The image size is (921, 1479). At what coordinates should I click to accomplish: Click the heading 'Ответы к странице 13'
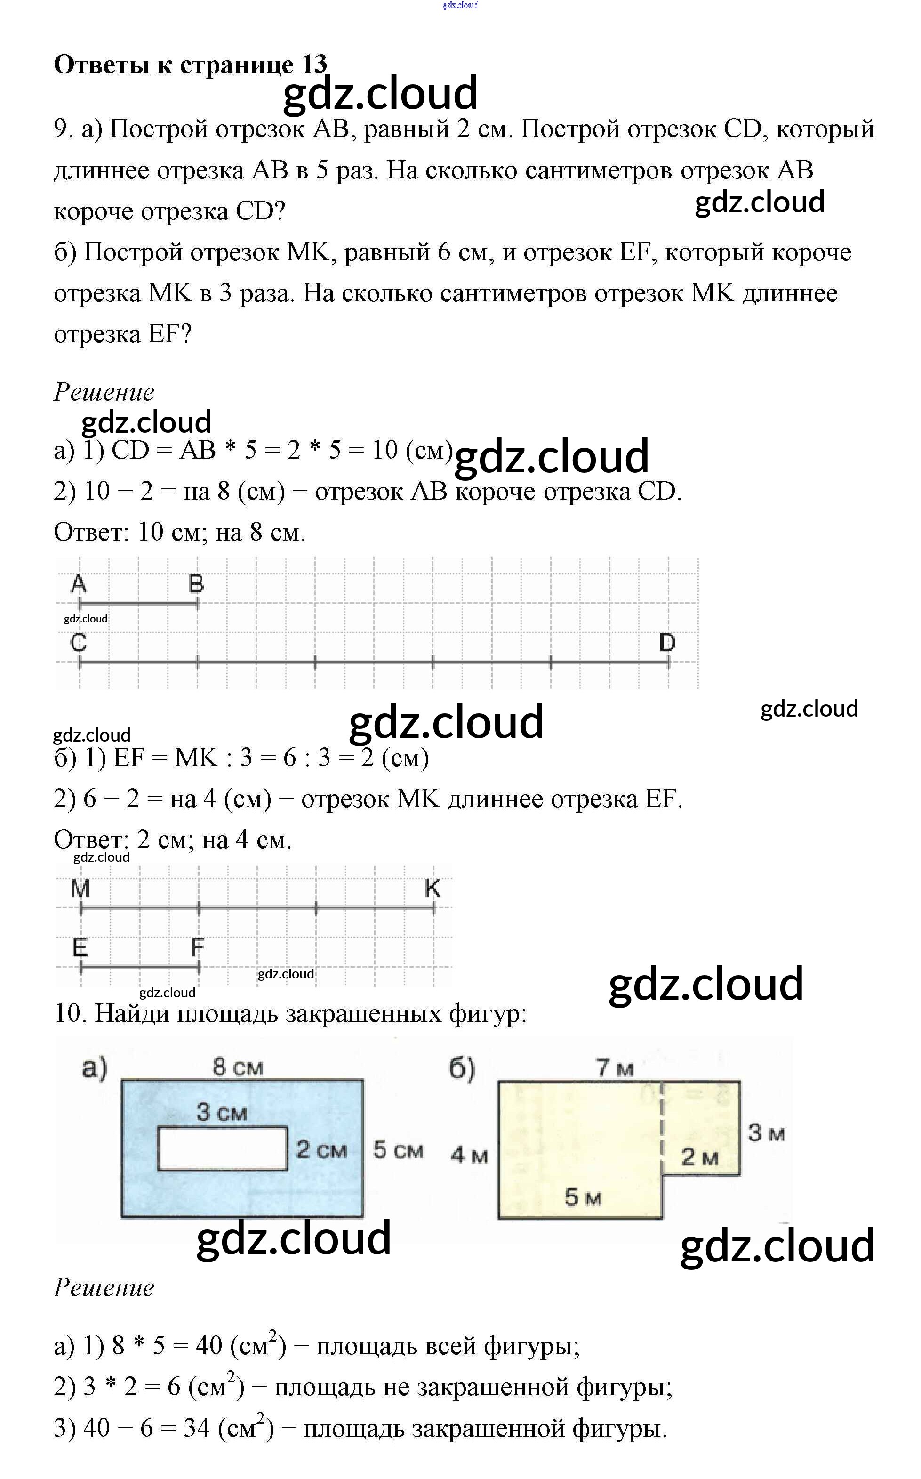[x=190, y=64]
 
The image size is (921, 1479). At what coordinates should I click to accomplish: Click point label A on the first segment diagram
[x=79, y=584]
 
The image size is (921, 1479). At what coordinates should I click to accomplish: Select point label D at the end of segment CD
[x=668, y=642]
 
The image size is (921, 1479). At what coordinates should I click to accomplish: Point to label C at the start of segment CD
[x=79, y=642]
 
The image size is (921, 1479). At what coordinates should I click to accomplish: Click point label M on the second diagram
[x=80, y=889]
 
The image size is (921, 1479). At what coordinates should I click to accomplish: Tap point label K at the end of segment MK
[x=432, y=889]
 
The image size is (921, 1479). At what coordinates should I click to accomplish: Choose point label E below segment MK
[x=80, y=947]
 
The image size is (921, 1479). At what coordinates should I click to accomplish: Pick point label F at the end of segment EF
[x=197, y=947]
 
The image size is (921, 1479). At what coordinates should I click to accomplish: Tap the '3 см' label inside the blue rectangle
[x=221, y=1112]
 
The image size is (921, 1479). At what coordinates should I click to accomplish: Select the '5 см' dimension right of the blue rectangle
[x=398, y=1150]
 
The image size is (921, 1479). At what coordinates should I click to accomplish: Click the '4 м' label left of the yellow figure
[x=469, y=1154]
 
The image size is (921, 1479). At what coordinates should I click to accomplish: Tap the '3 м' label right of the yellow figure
[x=766, y=1133]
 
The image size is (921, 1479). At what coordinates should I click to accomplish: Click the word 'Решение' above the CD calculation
[x=104, y=392]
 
